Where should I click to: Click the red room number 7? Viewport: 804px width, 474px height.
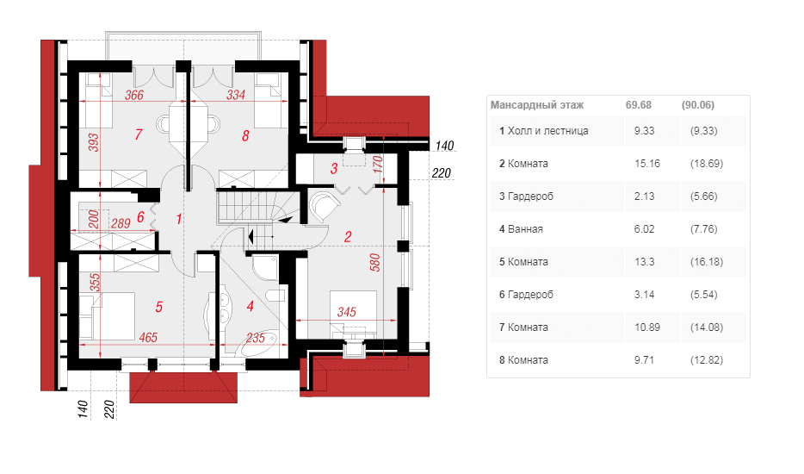[x=139, y=134]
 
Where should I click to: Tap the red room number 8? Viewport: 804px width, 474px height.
[x=245, y=135]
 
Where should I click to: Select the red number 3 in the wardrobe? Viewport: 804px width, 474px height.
[x=334, y=168]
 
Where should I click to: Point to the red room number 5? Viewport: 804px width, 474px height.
[x=159, y=307]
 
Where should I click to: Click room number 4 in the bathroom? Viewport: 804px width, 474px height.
[x=250, y=307]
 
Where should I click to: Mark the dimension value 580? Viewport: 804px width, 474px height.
[x=375, y=262]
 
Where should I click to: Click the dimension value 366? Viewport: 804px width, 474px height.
[x=134, y=95]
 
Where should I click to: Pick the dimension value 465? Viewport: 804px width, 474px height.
[x=148, y=337]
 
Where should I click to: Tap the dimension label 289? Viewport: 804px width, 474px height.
[x=121, y=223]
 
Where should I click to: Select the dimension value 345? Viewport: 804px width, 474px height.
[x=347, y=312]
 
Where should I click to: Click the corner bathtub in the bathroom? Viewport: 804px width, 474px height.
[x=257, y=345]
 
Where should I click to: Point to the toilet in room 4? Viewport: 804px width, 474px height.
[x=275, y=296]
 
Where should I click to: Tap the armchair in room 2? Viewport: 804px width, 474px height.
[x=324, y=207]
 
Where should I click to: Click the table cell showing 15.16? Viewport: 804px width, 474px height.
[x=647, y=163]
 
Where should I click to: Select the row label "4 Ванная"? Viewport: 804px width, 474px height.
[x=521, y=229]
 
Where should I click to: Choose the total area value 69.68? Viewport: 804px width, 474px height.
[x=639, y=105]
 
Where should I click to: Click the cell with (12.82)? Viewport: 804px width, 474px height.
[x=707, y=360]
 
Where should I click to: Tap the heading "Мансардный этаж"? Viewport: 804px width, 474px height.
[x=537, y=105]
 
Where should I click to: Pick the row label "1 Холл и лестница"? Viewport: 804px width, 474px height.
[x=543, y=131]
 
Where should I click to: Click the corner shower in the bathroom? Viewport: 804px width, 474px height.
[x=265, y=267]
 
